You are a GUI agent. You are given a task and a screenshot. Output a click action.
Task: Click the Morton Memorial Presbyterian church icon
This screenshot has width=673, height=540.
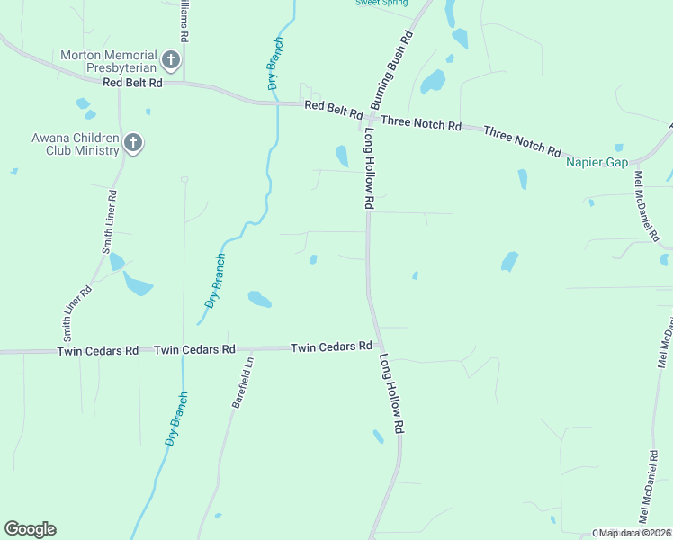[171, 61]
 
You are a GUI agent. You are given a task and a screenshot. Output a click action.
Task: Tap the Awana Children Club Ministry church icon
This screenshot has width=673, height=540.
[133, 144]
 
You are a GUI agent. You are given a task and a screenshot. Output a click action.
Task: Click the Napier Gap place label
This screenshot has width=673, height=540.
[596, 162]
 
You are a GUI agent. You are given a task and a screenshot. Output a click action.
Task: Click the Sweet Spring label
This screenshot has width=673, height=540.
[381, 3]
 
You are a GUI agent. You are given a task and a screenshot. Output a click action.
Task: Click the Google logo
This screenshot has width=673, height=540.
[30, 529]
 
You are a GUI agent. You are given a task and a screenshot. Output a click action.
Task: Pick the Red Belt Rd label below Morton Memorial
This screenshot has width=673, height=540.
[132, 83]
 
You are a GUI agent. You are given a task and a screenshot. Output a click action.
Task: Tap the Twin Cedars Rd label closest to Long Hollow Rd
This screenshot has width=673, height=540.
[331, 346]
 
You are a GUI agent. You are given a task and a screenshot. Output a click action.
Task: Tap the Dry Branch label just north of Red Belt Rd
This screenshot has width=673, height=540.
[274, 65]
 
